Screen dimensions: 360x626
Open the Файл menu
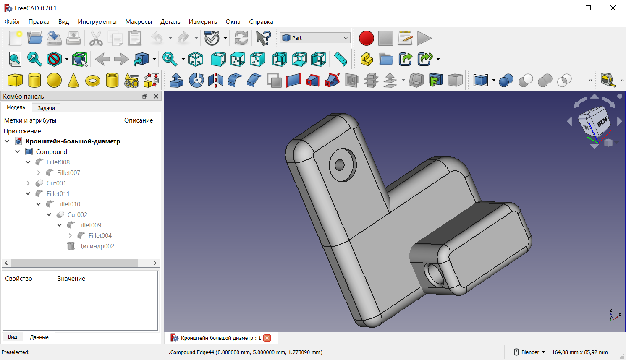point(12,22)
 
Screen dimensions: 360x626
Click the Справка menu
point(261,22)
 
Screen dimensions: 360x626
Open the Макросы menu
point(138,22)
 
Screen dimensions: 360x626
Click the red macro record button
point(366,38)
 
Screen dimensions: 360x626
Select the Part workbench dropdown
point(315,38)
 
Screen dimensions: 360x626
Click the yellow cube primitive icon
point(15,80)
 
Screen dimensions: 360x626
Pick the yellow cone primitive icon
point(73,80)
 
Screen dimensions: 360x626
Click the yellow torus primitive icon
point(93,80)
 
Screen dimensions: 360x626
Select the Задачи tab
point(46,108)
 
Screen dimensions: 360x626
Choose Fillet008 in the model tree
point(58,162)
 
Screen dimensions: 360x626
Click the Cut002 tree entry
point(77,215)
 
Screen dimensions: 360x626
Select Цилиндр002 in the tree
point(96,246)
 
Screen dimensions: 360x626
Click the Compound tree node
point(51,152)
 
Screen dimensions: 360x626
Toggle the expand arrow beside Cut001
point(28,183)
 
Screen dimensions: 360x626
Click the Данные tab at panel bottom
point(39,337)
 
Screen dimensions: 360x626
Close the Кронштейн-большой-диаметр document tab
point(267,338)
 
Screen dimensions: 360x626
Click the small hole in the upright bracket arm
point(340,164)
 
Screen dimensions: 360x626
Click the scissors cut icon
point(96,38)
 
